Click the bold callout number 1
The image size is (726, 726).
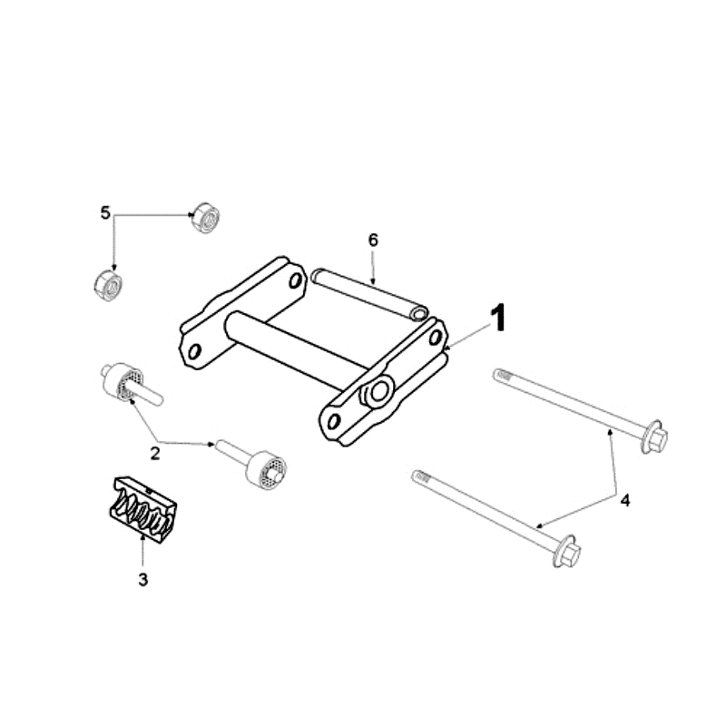(x=498, y=319)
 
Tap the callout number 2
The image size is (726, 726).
(x=154, y=453)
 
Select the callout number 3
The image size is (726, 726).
(x=143, y=579)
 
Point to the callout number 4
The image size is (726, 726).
(x=625, y=501)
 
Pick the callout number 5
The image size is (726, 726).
(x=105, y=213)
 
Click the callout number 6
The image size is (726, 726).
(x=373, y=240)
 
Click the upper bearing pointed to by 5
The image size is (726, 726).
(x=206, y=218)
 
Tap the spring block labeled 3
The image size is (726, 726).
(x=143, y=509)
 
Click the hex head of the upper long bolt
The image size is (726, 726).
(x=655, y=437)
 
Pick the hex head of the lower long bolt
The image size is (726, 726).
(x=568, y=552)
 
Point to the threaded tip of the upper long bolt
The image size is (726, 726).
(x=502, y=374)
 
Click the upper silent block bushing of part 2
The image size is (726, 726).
(x=122, y=382)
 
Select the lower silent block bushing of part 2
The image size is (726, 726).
(x=267, y=469)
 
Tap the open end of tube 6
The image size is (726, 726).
(x=419, y=313)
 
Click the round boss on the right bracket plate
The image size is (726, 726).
(x=378, y=392)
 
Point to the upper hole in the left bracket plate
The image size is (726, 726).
(x=296, y=280)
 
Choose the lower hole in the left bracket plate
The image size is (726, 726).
(x=194, y=351)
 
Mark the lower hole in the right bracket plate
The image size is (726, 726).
(x=333, y=421)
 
